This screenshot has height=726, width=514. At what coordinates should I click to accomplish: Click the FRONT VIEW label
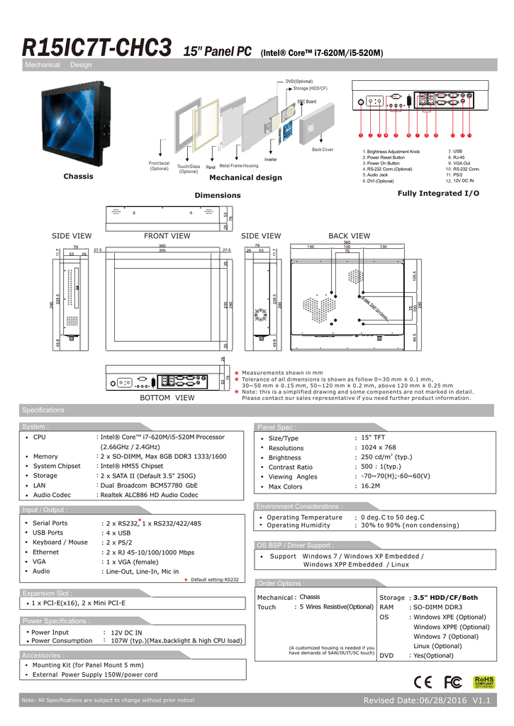(x=167, y=236)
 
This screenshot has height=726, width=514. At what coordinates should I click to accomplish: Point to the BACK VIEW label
(x=349, y=236)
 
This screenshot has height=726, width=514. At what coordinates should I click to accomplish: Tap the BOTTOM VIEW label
(x=167, y=398)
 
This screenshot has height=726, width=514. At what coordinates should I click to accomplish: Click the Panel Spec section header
(x=278, y=428)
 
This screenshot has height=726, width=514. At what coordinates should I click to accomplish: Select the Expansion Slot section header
(x=47, y=593)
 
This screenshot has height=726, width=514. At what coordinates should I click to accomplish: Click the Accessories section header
(x=43, y=655)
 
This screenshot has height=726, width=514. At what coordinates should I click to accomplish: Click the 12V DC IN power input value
(x=126, y=632)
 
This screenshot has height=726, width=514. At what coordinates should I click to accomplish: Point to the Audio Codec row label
(x=52, y=495)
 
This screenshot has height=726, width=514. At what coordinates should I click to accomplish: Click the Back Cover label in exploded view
(x=322, y=150)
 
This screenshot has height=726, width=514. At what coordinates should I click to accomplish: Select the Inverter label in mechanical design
(x=270, y=160)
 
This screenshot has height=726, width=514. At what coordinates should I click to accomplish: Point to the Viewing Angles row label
(x=293, y=477)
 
